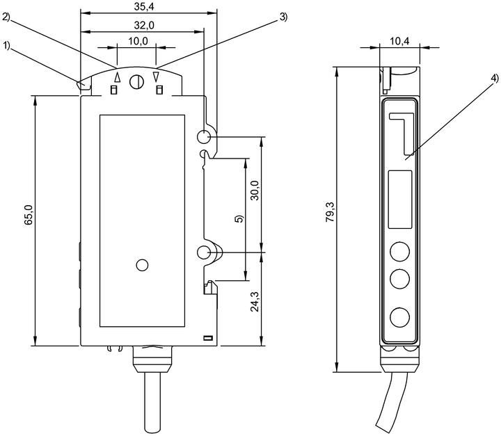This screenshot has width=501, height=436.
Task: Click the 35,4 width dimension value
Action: click(x=144, y=7)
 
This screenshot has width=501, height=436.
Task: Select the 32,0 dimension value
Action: click(x=144, y=25)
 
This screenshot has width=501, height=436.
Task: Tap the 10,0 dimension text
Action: click(x=138, y=41)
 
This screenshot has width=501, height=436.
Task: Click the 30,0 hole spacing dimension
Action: click(x=255, y=191)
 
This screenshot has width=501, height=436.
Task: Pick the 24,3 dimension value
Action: click(x=255, y=302)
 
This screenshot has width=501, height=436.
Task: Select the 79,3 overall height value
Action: click(x=330, y=212)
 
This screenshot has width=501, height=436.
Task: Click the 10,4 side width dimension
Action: click(x=399, y=41)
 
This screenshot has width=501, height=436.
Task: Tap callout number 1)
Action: click(x=7, y=46)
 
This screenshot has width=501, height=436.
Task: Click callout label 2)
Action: click(x=6, y=17)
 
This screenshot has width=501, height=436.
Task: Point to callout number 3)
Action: click(x=283, y=17)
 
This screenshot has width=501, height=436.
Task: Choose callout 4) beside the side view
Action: click(x=495, y=78)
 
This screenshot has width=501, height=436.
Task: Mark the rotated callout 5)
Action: click(x=239, y=219)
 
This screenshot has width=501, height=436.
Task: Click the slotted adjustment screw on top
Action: click(x=136, y=82)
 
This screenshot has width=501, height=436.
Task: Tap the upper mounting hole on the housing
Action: click(x=203, y=137)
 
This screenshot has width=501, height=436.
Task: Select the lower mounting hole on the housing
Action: click(x=203, y=252)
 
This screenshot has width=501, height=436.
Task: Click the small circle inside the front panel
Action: click(x=142, y=265)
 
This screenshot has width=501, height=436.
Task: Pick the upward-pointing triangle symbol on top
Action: click(x=118, y=77)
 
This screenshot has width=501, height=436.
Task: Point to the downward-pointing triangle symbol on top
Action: click(x=156, y=77)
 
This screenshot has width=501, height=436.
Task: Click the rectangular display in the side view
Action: click(x=400, y=200)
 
